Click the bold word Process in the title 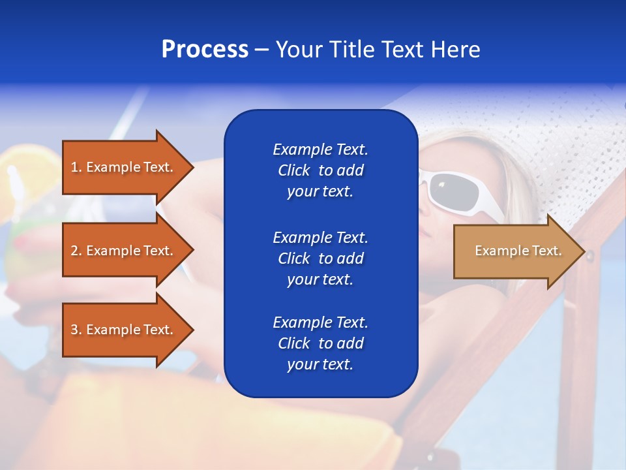[x=205, y=50]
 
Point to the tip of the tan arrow [x=583, y=251]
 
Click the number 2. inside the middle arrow [x=76, y=251]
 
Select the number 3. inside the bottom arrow [x=76, y=330]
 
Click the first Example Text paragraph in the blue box [x=320, y=170]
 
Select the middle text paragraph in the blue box [x=320, y=258]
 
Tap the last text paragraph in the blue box [x=320, y=343]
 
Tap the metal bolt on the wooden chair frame [x=590, y=257]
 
